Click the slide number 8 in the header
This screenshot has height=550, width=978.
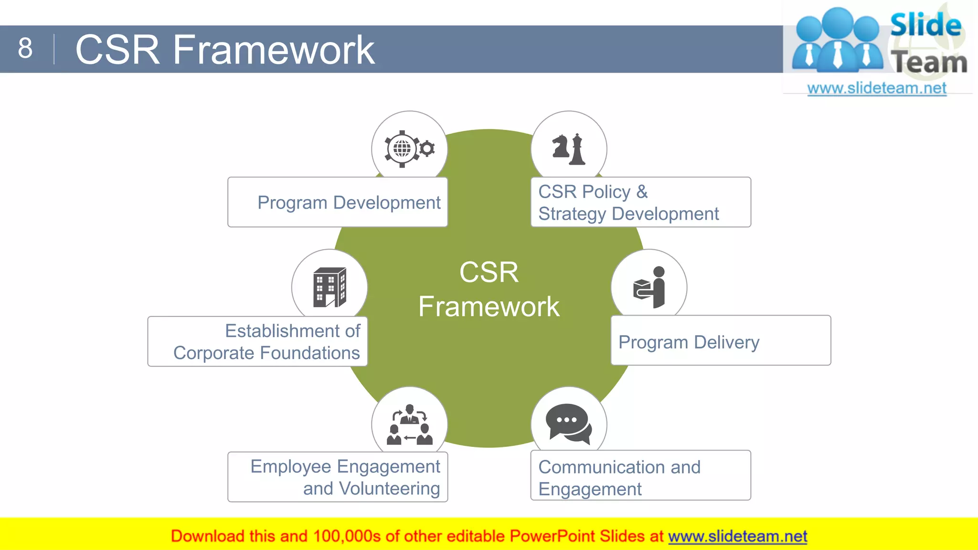(25, 48)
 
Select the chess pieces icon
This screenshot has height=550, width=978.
(569, 149)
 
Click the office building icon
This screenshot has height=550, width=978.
(329, 287)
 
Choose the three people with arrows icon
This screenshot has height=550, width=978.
(409, 425)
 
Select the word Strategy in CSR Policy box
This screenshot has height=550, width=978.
(572, 214)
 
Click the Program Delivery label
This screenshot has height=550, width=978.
(688, 342)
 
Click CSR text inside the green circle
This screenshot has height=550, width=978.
(489, 272)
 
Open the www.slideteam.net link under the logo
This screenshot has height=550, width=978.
(876, 88)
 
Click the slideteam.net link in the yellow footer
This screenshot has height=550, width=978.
(737, 536)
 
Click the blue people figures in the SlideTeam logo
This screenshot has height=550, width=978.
(838, 41)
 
